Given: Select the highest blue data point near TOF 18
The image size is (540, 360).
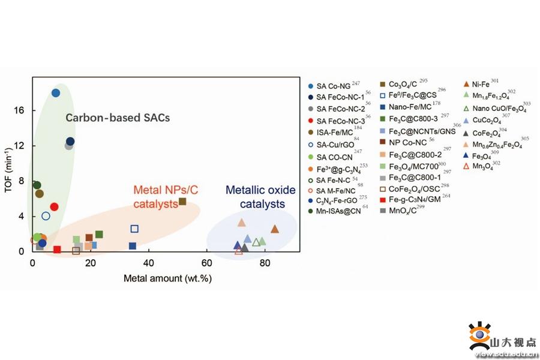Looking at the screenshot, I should coord(56,92).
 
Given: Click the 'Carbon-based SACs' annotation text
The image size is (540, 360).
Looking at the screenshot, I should coord(118,118).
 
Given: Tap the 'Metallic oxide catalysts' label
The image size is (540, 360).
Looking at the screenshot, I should coord(260,197).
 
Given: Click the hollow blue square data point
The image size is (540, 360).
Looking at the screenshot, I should coord(134,229).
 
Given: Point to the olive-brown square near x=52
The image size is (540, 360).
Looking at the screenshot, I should coord(182,202).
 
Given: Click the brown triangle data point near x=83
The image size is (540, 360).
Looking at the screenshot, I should coord(274,229).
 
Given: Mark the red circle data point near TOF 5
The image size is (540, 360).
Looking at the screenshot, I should coord(54,206).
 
